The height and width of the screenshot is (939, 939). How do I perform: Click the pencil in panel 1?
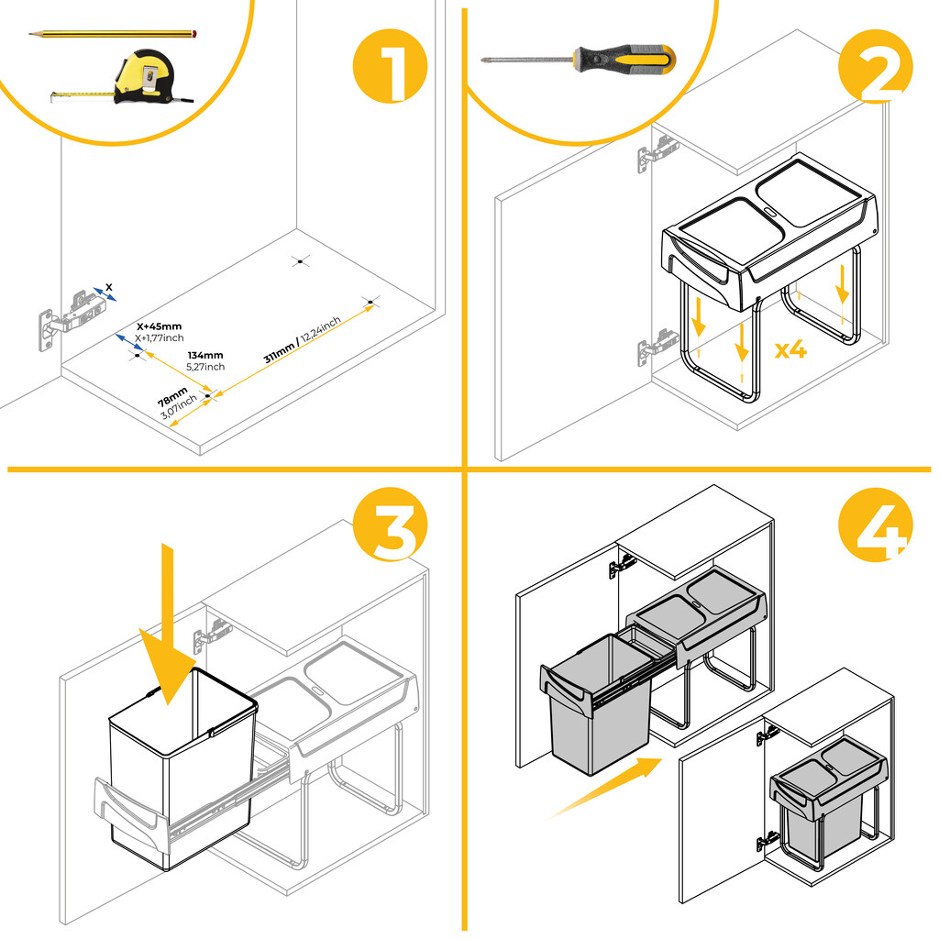click(115, 35)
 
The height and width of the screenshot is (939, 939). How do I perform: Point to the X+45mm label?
click(159, 326)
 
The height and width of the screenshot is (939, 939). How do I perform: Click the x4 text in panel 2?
click(790, 349)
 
